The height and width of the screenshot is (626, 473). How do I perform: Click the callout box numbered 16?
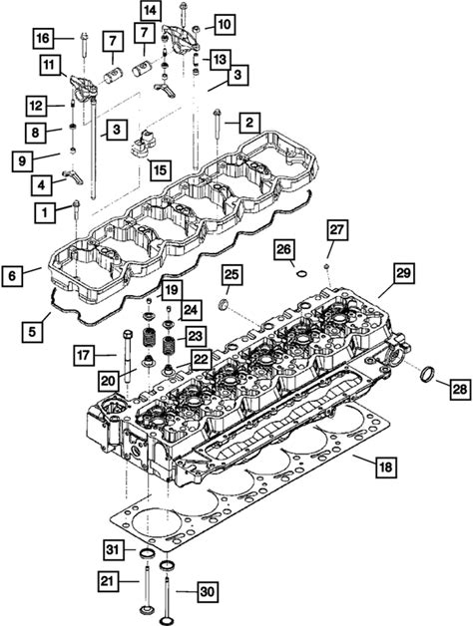click(44, 38)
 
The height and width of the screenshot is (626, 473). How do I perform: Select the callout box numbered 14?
click(151, 11)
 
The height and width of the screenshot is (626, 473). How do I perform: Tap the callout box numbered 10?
click(225, 25)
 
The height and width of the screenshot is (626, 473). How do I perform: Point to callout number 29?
click(403, 273)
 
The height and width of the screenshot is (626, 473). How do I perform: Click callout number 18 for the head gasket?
click(385, 467)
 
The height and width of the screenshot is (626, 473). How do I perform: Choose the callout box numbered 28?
click(461, 389)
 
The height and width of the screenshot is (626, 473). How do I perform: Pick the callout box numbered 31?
click(113, 550)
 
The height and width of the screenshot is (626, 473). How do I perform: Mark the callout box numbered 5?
click(32, 331)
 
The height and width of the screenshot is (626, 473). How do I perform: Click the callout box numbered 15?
click(160, 170)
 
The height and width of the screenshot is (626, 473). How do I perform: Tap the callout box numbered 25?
click(232, 275)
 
